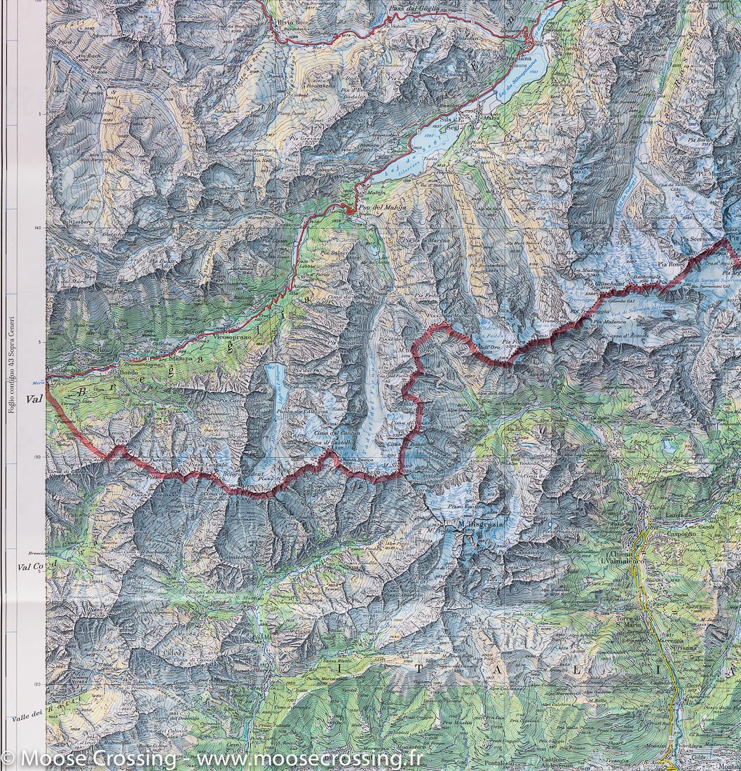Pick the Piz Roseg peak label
[669, 264]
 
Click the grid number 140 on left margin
[36, 227]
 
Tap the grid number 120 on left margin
[36, 683]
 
